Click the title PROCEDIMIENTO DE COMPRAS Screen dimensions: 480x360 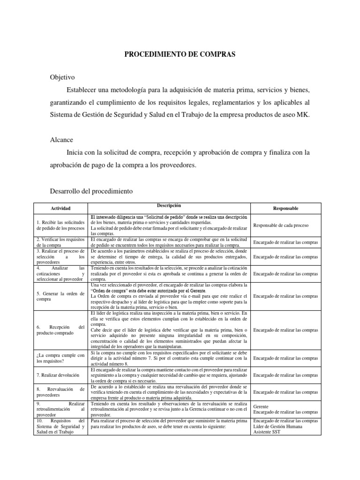pos(180,55)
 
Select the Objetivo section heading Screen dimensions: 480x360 pos(62,77)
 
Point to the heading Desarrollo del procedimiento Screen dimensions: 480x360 pos(98,191)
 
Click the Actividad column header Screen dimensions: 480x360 pos(61,208)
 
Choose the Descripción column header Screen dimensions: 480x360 pos(169,206)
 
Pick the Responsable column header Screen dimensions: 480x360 pos(285,208)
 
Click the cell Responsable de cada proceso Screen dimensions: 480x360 pos(281,225)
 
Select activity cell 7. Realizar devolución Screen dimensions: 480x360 pos(58,375)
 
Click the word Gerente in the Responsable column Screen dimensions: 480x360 pos(261,406)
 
